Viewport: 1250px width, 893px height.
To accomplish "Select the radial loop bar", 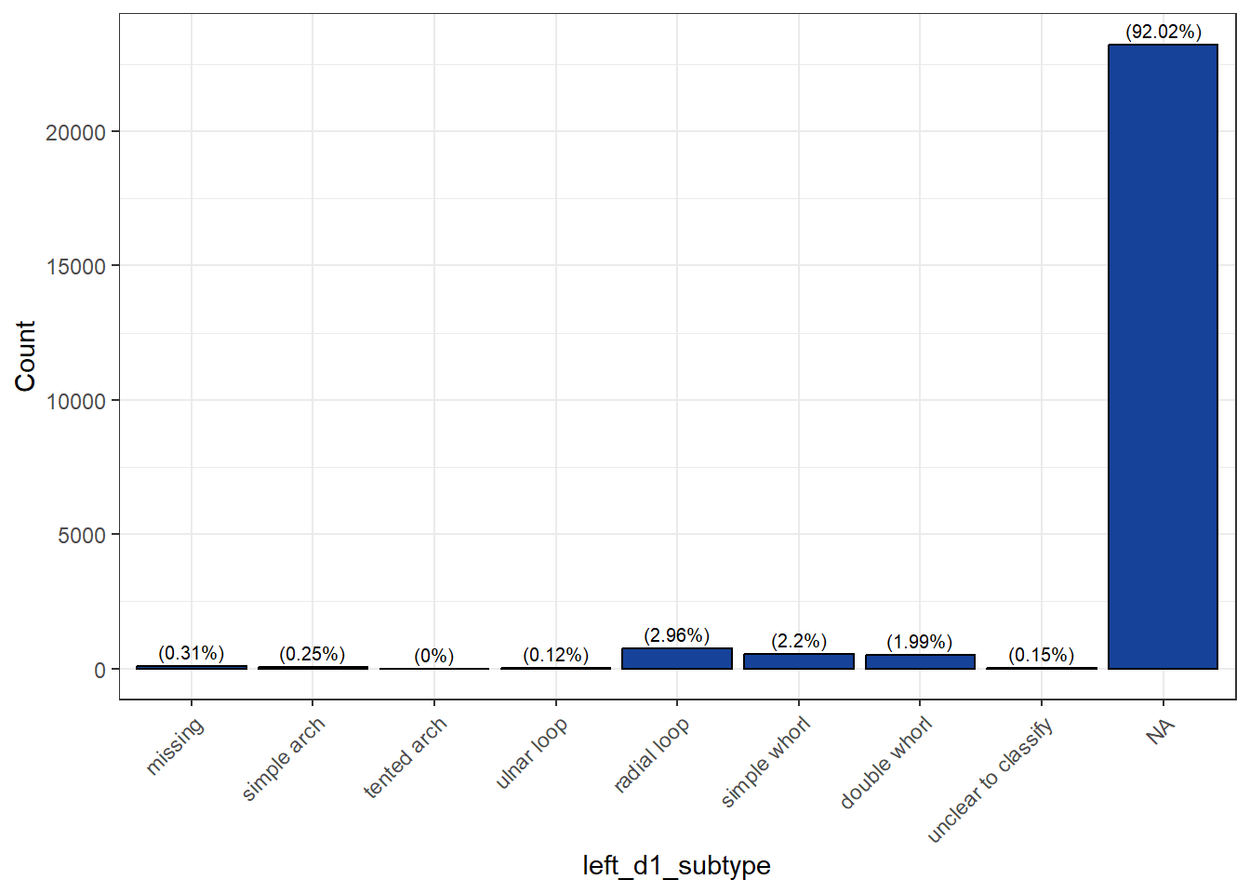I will [x=676, y=659].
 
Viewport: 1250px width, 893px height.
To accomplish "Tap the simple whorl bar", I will [x=798, y=661].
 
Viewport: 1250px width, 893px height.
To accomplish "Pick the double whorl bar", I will [x=920, y=661].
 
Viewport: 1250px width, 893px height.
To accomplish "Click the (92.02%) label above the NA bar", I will [x=1163, y=32].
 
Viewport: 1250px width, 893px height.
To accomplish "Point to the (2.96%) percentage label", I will [x=676, y=635].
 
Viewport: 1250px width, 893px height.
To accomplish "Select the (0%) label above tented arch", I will [x=433, y=656].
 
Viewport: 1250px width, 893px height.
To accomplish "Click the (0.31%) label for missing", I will [x=191, y=653].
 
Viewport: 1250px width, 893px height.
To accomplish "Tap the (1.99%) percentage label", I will [x=920, y=642].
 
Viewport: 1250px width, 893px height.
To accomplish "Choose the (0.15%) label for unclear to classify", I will [x=1041, y=655].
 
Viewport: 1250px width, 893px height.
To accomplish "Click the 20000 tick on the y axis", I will [x=75, y=132].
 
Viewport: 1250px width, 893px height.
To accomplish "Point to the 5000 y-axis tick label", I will [x=82, y=536].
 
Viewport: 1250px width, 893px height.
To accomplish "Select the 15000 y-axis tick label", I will [x=75, y=267].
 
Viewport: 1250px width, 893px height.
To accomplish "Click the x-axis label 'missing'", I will [x=175, y=746].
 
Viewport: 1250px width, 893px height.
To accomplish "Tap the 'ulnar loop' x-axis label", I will [x=531, y=753].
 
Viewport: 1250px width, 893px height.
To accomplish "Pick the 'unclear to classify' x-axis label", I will [x=991, y=780].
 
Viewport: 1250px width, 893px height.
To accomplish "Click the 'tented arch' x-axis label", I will [x=405, y=757].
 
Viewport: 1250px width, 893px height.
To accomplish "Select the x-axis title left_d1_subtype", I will [x=676, y=865].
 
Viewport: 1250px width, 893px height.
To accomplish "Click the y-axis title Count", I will [x=25, y=356].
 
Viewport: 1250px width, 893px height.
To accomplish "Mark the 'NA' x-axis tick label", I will [x=1160, y=732].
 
